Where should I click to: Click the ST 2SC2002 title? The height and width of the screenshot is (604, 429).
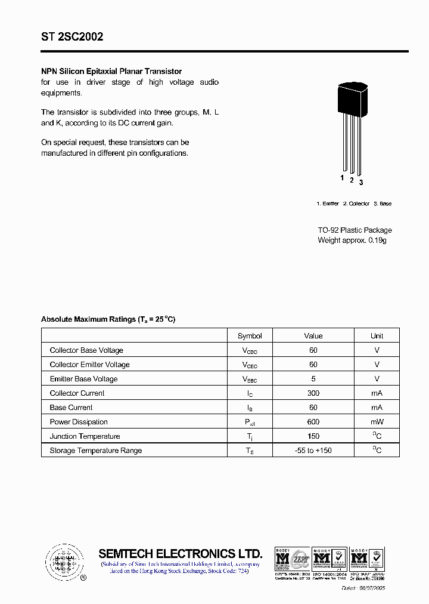tap(72, 36)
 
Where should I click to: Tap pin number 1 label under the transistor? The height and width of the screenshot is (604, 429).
tap(342, 178)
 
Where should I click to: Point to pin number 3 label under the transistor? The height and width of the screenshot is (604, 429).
tap(361, 182)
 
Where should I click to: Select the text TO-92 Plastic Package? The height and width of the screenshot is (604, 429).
tap(355, 230)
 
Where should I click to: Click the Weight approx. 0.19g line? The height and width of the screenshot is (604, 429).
tap(352, 240)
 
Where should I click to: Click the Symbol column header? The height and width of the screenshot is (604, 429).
tap(250, 335)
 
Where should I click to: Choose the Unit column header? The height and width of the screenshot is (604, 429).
tap(377, 335)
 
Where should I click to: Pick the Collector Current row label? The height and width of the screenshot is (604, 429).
tap(77, 393)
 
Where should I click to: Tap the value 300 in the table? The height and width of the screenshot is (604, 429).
tap(313, 393)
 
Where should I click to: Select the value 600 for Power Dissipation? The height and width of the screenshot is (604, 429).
tap(313, 422)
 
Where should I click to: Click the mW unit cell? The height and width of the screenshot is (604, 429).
tap(377, 422)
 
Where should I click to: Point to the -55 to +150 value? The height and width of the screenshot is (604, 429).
tap(313, 451)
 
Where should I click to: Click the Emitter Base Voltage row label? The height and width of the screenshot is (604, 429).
tap(83, 379)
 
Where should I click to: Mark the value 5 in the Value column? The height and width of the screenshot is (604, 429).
tap(313, 379)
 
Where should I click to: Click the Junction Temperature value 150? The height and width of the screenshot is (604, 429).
tap(313, 436)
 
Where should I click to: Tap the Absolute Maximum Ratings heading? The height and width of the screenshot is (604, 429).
tap(108, 319)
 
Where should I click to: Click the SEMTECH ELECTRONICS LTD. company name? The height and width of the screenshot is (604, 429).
tap(180, 553)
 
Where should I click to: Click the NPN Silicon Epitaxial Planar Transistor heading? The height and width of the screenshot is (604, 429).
tap(111, 71)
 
